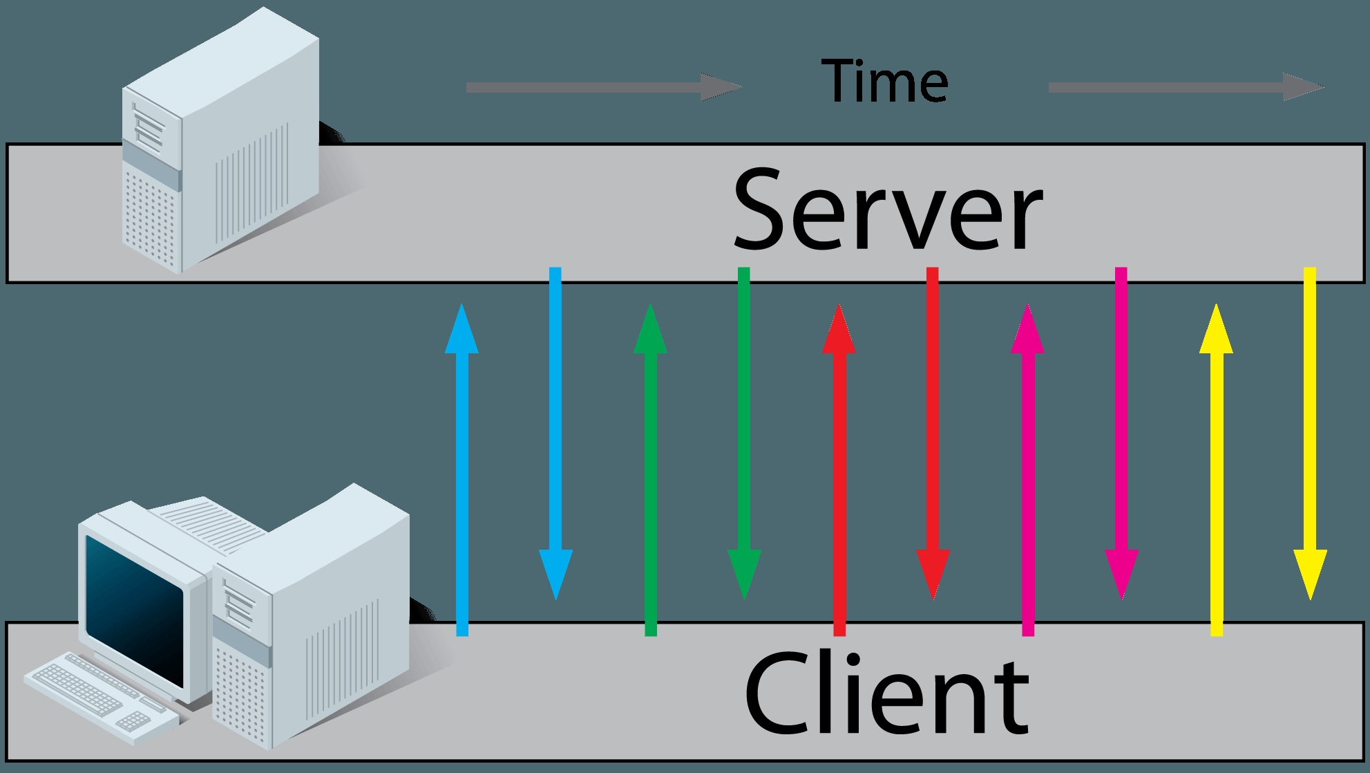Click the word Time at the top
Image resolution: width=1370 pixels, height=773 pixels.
(885, 81)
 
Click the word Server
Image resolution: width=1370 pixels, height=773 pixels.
(887, 209)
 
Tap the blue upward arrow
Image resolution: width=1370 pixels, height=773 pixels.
(462, 469)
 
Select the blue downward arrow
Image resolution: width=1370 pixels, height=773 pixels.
(555, 434)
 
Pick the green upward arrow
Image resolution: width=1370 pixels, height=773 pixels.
(650, 469)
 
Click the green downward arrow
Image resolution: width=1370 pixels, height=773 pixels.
(744, 434)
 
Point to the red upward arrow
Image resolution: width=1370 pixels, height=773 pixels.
(839, 469)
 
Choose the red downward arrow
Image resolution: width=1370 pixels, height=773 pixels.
(933, 434)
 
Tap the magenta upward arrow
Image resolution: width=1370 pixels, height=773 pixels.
(1027, 469)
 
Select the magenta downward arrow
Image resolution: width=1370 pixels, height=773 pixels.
(1121, 434)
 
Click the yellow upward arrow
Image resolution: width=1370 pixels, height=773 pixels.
(1216, 469)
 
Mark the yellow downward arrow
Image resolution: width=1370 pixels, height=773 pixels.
(1310, 434)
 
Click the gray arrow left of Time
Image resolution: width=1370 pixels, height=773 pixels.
(604, 87)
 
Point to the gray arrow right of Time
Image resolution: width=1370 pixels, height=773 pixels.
(1186, 87)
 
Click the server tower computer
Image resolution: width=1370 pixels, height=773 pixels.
(221, 138)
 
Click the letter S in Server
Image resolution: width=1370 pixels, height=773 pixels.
(761, 209)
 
